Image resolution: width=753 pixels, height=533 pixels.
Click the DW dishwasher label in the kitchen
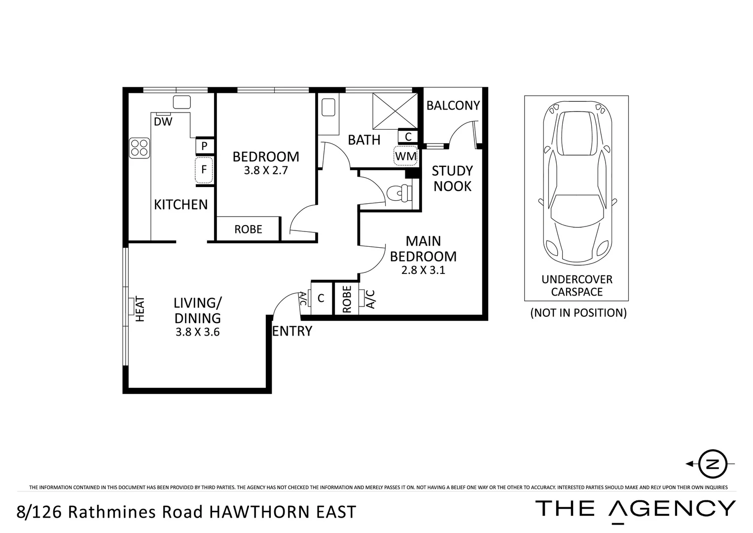[163, 121]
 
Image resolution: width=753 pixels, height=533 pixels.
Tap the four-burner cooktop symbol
[140, 148]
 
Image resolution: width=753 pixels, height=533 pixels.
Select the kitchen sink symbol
[181, 102]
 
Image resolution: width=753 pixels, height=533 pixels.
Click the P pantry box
[204, 146]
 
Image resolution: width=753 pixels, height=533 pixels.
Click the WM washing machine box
[406, 156]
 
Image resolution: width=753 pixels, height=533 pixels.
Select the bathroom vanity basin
[328, 107]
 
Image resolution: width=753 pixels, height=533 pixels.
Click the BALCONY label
[453, 105]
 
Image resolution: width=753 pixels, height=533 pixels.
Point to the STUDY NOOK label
[452, 178]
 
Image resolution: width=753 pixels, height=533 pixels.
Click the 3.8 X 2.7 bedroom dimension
[265, 171]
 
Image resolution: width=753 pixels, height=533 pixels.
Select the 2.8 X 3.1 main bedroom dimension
[423, 270]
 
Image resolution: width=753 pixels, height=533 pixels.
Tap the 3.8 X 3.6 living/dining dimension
[197, 332]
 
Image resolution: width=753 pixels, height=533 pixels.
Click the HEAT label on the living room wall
[140, 309]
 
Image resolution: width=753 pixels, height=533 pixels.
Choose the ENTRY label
[292, 331]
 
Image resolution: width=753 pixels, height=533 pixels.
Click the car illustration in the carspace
[577, 185]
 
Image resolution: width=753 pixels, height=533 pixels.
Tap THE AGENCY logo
[635, 508]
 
